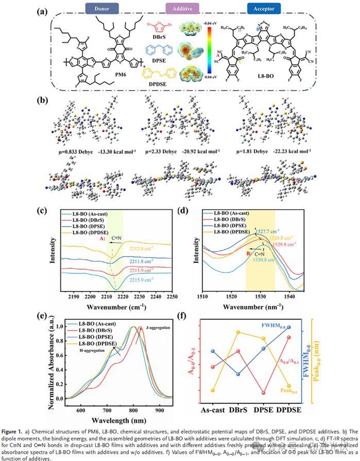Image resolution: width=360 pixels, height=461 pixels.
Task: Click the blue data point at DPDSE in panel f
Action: tap(289, 327)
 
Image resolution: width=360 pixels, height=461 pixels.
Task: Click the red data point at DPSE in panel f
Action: tap(264, 393)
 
